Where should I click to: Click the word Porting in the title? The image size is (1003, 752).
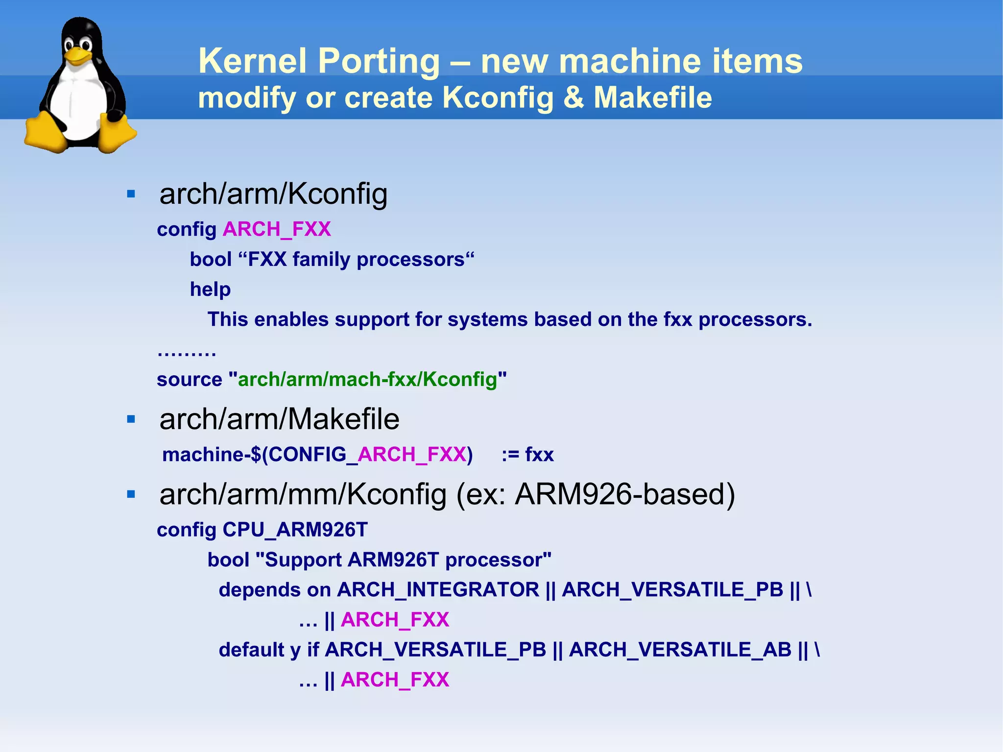(379, 61)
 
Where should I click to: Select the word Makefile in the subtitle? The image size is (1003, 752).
(652, 97)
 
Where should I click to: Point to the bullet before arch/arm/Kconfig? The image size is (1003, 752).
(131, 194)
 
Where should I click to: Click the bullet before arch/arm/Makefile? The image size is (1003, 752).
(131, 419)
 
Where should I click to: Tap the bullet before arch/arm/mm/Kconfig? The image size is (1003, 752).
(131, 494)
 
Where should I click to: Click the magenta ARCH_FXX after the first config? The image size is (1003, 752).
(277, 229)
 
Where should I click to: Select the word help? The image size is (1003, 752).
(210, 290)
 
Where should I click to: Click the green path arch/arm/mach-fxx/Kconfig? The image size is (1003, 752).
(367, 380)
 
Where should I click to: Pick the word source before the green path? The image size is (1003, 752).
(189, 380)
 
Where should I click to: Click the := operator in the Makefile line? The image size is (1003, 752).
(510, 455)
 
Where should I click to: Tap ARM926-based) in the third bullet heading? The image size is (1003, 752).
(625, 494)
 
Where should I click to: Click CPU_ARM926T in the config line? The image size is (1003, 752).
(295, 530)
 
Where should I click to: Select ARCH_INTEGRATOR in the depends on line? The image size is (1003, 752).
(438, 590)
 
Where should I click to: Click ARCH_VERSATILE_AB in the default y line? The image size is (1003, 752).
(680, 650)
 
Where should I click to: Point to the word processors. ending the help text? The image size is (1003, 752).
(755, 319)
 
